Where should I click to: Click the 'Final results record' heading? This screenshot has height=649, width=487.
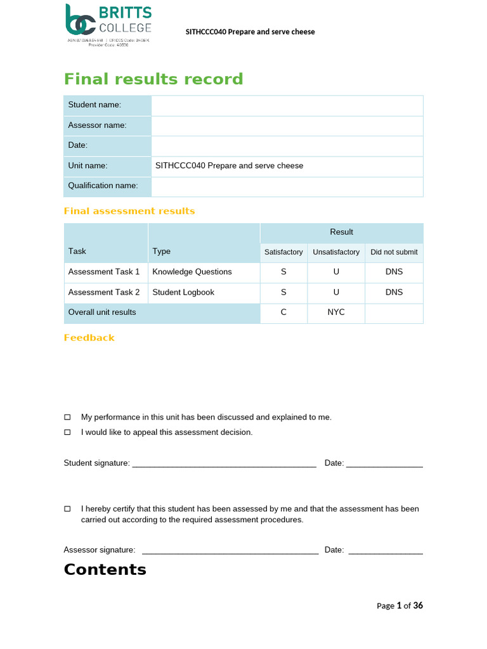(153, 79)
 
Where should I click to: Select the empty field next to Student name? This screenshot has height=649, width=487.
(287, 105)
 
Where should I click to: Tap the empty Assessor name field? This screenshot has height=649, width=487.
(287, 125)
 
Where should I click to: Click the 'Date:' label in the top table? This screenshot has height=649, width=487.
(78, 146)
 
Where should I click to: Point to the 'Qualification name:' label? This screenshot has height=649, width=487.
(103, 186)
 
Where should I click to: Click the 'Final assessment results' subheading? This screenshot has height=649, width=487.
(129, 211)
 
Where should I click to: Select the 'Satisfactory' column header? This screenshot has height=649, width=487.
(283, 252)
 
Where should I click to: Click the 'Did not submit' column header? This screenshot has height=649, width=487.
(394, 252)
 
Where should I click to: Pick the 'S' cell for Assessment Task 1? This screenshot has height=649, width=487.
(283, 272)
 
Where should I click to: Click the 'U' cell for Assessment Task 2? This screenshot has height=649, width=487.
(336, 292)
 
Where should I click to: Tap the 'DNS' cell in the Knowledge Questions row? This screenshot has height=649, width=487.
(394, 272)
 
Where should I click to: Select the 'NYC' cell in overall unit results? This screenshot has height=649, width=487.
(336, 312)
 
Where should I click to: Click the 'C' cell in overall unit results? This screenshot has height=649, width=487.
(283, 312)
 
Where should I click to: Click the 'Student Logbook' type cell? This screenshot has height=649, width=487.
(183, 292)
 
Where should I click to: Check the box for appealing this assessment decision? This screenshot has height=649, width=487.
(68, 432)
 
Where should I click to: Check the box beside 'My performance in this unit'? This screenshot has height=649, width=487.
(68, 417)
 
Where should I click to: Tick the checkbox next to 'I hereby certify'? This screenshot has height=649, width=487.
(68, 509)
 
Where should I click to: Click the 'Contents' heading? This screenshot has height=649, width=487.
(105, 569)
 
